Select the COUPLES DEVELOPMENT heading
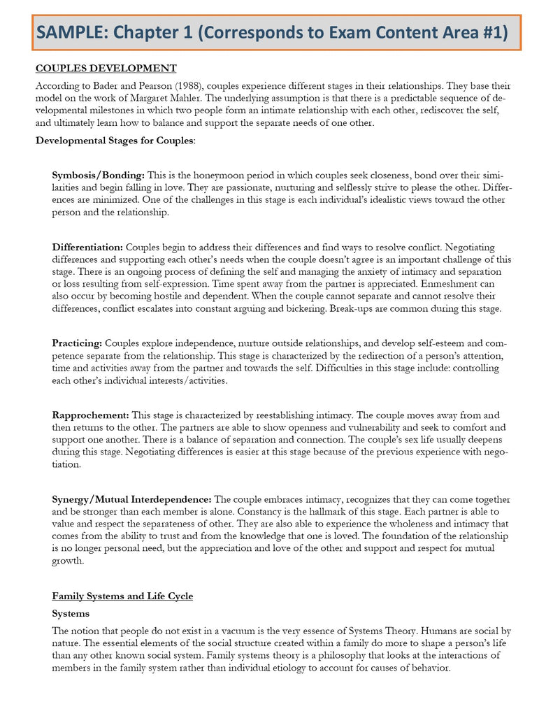pyautogui.click(x=106, y=69)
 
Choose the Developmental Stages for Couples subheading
pyautogui.click(x=115, y=141)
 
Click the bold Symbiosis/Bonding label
pyautogui.click(x=99, y=174)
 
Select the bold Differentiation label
pyautogui.click(x=87, y=247)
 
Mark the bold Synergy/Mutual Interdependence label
pyautogui.click(x=131, y=499)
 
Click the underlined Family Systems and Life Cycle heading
pyautogui.click(x=122, y=596)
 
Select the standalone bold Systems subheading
pyautogui.click(x=71, y=613)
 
